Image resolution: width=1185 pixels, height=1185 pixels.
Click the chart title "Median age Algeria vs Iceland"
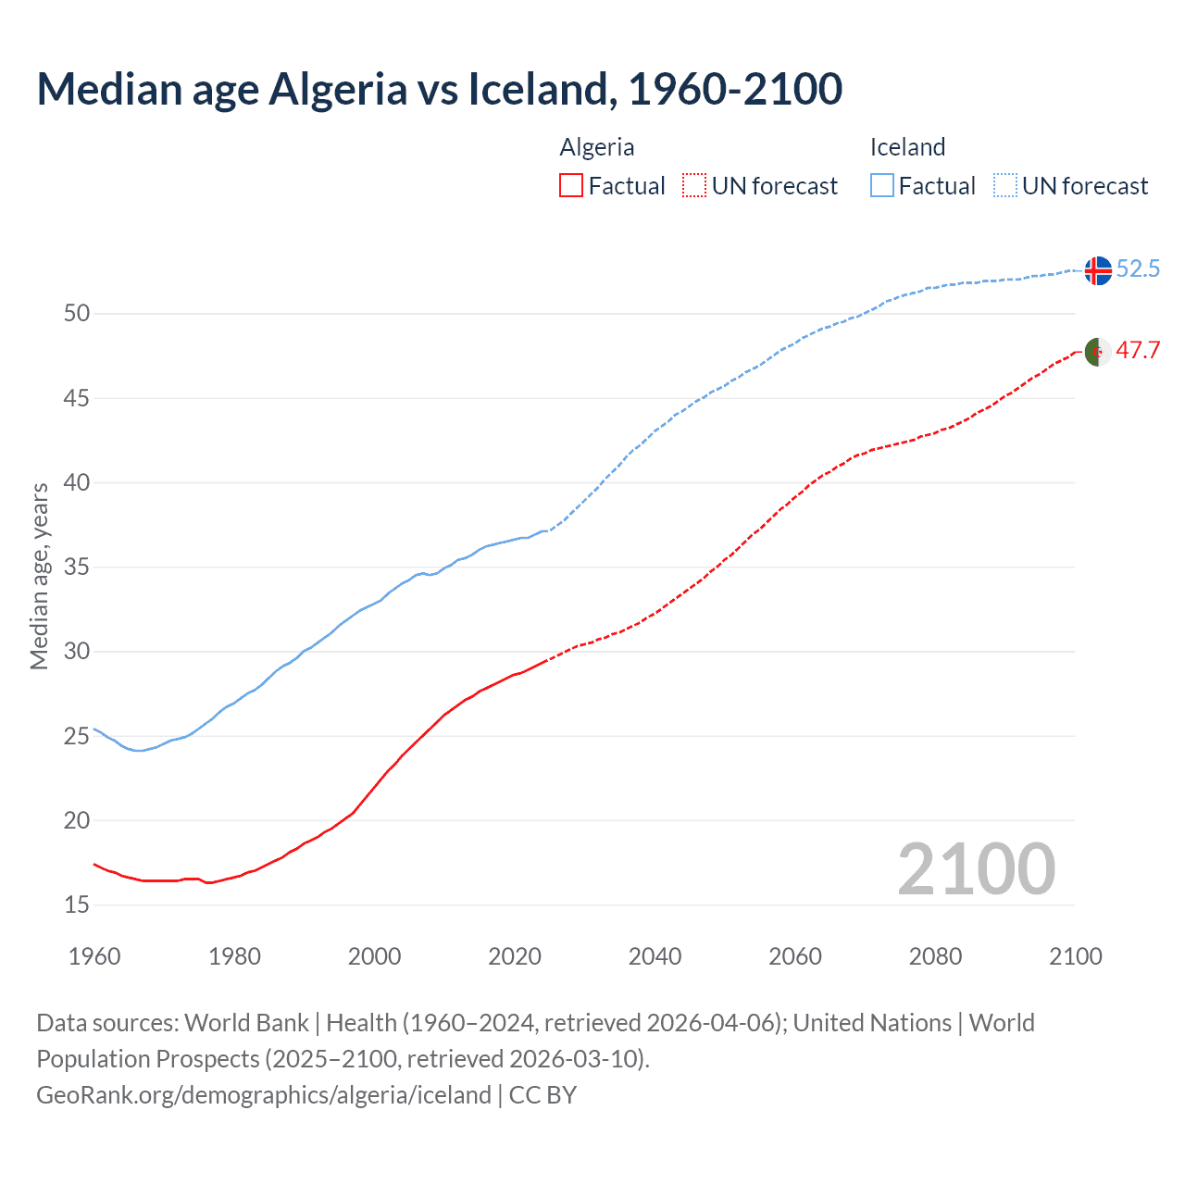coord(439,89)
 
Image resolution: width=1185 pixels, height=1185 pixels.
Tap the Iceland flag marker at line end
coord(1097,270)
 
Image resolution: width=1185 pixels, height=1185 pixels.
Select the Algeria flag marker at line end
coord(1097,352)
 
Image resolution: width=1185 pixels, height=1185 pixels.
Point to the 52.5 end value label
coord(1138,269)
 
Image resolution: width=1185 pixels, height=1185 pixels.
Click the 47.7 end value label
coord(1138,351)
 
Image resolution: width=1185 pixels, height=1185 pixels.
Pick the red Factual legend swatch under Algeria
coord(571,186)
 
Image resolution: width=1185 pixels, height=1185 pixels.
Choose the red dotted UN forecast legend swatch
coord(694,186)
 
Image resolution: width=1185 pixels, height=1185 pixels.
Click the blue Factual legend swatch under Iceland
coord(882,186)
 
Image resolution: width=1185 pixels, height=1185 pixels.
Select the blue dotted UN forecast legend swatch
coord(1005,186)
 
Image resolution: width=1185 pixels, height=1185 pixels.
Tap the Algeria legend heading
coord(597,147)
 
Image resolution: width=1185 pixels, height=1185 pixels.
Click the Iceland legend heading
coord(907,147)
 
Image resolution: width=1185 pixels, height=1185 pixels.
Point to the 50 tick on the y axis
coord(77,314)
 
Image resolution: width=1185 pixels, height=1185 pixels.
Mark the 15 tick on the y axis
coord(77,904)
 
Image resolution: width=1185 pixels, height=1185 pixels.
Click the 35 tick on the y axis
coord(77,567)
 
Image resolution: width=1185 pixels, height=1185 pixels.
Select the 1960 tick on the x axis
coord(94,956)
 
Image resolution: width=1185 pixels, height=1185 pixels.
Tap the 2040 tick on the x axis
coord(655,956)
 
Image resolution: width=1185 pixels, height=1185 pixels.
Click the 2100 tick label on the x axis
coord(1075,956)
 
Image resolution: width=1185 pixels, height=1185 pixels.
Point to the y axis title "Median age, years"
coord(39,576)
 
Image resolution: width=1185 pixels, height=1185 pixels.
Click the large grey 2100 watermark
coord(976,868)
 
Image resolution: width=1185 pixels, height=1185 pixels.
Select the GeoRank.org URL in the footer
coord(264,1095)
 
